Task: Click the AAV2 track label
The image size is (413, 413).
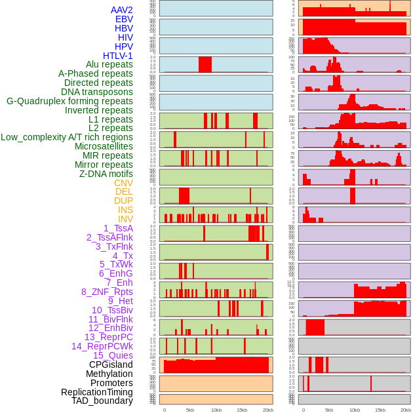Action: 122,10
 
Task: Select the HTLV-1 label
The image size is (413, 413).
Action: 118,56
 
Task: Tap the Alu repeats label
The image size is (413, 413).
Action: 109,64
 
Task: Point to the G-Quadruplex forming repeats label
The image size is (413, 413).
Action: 69,101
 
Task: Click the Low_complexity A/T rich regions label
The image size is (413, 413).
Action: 67,137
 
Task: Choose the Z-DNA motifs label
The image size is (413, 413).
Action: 106,174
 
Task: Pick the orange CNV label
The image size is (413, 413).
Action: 123,183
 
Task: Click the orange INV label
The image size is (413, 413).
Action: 125,219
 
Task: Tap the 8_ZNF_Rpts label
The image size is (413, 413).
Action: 107,292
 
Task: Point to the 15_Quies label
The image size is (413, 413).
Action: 112,355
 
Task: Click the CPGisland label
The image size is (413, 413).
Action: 111,364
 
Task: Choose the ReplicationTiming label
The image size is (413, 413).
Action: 96,392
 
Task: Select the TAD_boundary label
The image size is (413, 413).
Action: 102,401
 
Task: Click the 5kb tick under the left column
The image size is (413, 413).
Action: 190,410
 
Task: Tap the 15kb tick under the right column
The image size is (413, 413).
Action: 380,410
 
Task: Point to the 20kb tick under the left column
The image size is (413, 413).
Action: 267,410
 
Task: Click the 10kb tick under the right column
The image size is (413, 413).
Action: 355,410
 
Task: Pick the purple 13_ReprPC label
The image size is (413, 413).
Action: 108,337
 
